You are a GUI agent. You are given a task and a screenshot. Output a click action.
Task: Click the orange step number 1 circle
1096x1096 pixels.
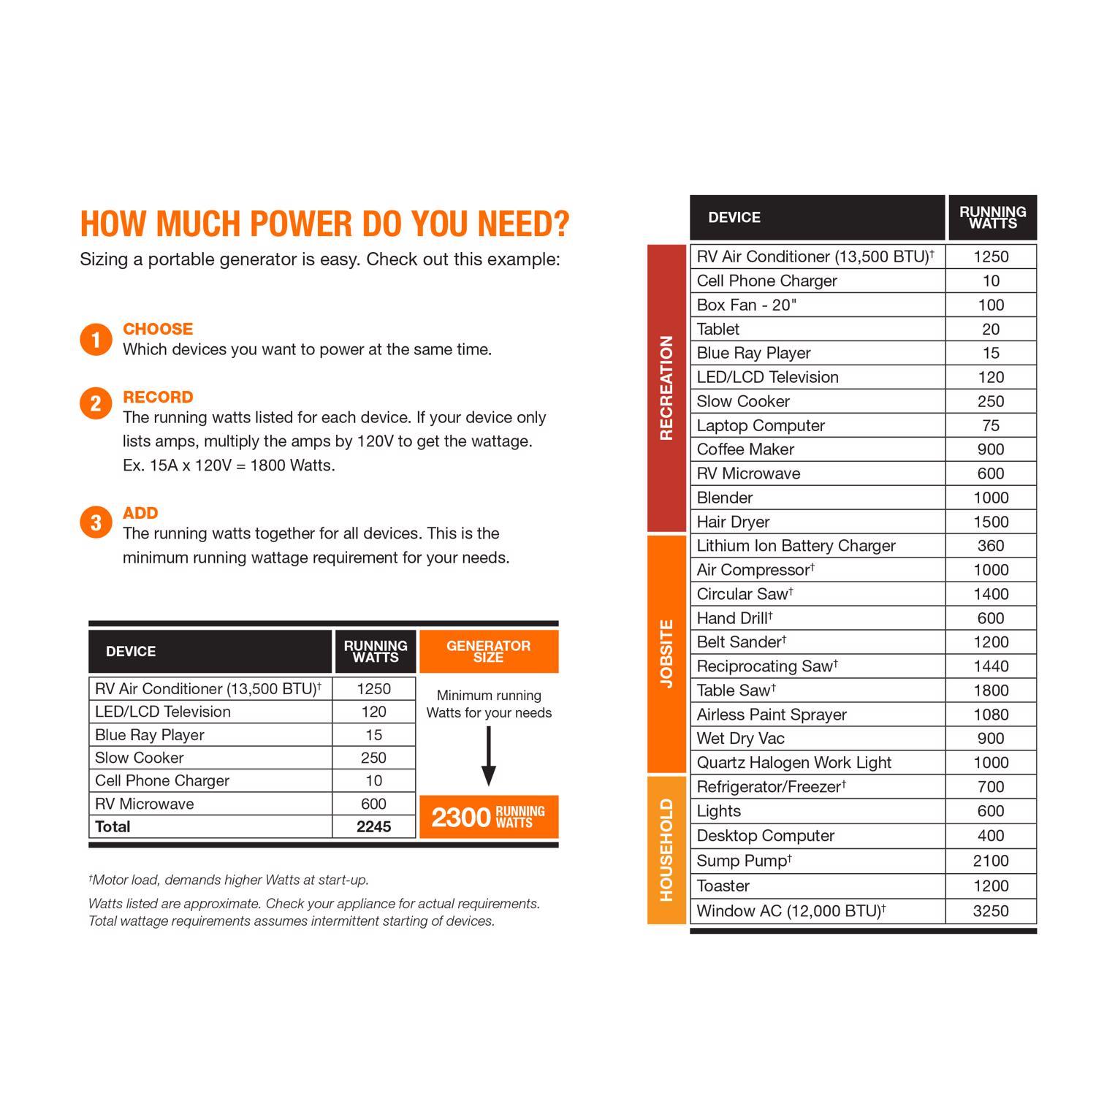tap(96, 340)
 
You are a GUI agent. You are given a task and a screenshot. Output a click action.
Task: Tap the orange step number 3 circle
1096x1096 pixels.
tap(96, 523)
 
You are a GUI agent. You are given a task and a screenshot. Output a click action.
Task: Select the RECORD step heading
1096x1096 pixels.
tap(158, 397)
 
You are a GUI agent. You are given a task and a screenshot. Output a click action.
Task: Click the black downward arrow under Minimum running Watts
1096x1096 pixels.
tap(489, 756)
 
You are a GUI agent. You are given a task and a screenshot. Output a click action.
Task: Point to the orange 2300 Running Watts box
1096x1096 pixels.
tap(489, 817)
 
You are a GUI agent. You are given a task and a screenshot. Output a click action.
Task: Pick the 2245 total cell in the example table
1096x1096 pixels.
tap(373, 826)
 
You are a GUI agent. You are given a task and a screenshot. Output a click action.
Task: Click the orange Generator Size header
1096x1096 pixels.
tap(489, 651)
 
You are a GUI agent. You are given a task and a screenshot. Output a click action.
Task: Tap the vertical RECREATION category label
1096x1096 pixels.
tap(666, 388)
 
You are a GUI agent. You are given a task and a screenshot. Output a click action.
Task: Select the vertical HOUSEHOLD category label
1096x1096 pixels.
tap(666, 850)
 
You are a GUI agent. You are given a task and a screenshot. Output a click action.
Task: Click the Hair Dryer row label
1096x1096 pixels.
tap(733, 522)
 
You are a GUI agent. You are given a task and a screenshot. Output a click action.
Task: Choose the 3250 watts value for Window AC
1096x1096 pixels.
tap(991, 911)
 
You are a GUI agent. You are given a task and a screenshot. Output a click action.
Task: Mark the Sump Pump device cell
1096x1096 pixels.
tap(744, 861)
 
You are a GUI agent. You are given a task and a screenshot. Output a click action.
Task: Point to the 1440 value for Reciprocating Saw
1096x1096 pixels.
tap(991, 666)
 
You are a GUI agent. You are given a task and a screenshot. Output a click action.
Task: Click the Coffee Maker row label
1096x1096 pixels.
tap(745, 449)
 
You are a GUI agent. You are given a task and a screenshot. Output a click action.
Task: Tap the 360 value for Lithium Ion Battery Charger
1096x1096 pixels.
tap(991, 546)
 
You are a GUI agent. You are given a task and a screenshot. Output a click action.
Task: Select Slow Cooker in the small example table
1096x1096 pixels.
tap(140, 758)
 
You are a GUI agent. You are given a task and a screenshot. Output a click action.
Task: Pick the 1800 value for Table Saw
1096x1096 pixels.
tap(991, 690)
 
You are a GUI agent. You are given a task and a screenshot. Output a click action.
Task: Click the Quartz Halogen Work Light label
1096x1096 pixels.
tap(794, 763)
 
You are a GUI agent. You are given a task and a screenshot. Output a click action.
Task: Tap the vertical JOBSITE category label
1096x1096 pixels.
tap(666, 653)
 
